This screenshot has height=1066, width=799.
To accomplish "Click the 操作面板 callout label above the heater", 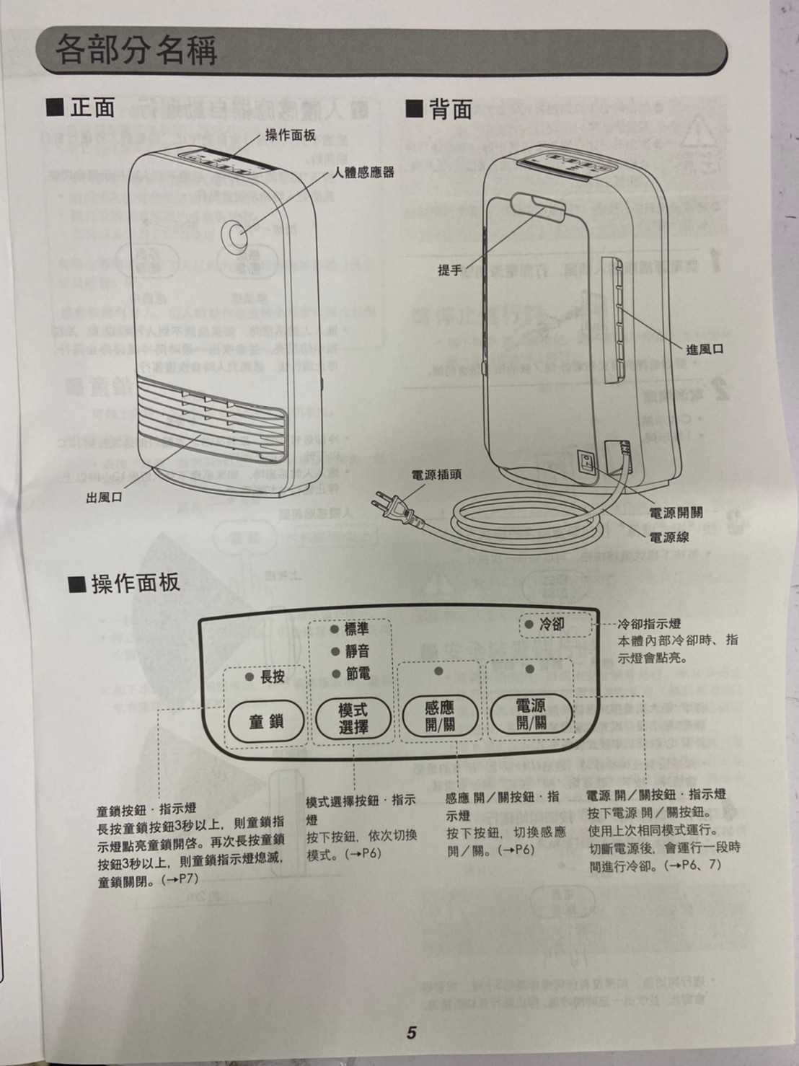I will pyautogui.click(x=290, y=135).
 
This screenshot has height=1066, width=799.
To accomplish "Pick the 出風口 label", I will pyautogui.click(x=104, y=498).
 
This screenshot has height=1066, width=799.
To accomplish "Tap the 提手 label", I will pyautogui.click(x=449, y=270).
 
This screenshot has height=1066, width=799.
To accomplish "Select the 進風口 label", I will pyautogui.click(x=704, y=350).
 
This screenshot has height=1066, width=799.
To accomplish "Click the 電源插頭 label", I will pyautogui.click(x=436, y=475).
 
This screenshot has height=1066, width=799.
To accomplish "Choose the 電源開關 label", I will pyautogui.click(x=675, y=514).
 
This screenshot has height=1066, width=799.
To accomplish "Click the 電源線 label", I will pyautogui.click(x=668, y=537).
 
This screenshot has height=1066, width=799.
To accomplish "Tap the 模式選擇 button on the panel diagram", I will pyautogui.click(x=353, y=718).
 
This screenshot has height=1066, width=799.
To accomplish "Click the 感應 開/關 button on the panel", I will pyautogui.click(x=440, y=716).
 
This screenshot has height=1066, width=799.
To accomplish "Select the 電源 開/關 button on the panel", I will pyautogui.click(x=531, y=715).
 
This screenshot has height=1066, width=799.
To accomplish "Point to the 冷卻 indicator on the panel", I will pyautogui.click(x=545, y=624).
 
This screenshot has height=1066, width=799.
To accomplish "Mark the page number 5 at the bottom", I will pyautogui.click(x=410, y=1033).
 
